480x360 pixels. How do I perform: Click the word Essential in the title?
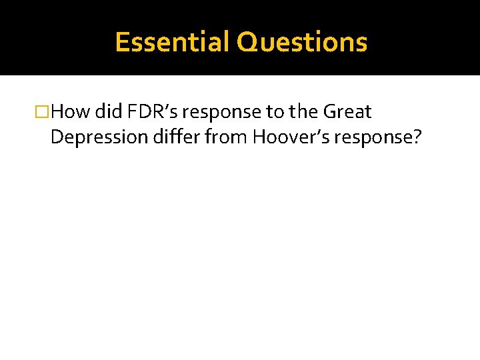click(x=173, y=42)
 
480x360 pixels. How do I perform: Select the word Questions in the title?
click(x=302, y=42)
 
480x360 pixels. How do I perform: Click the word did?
click(x=109, y=111)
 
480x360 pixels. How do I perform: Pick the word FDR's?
click(x=153, y=111)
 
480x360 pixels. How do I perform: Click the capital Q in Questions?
click(x=248, y=42)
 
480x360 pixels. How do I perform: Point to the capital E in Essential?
click(x=122, y=42)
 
